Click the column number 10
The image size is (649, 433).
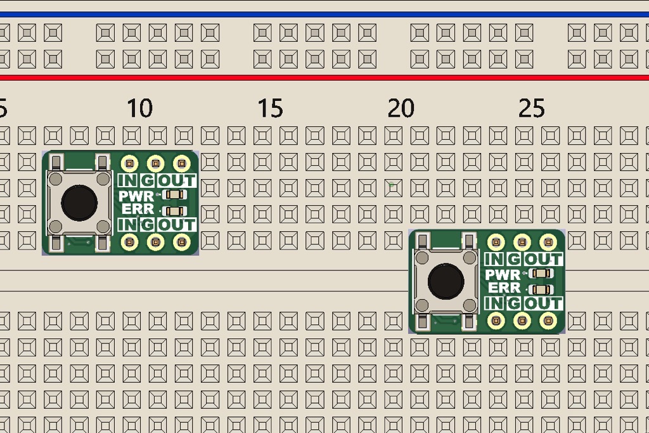coord(139,109)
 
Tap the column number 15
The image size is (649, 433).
coord(271,109)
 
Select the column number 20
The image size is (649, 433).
coord(401,109)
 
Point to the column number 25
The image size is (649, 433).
coord(532,109)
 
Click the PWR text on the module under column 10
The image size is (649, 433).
coord(136,196)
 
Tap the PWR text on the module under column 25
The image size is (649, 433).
coord(503,275)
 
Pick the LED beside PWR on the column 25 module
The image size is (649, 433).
coord(541,274)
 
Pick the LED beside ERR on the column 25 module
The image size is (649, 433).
coord(541,290)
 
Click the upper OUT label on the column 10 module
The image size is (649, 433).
coord(177,182)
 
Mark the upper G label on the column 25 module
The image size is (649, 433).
coord(513,260)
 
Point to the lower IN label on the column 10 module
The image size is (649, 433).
coord(127,224)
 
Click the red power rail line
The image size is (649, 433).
coord(324,78)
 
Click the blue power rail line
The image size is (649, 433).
coord(324,14)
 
